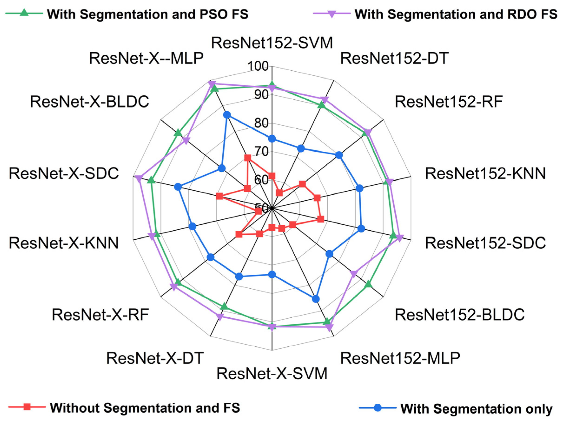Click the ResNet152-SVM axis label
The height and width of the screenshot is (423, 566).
(x=272, y=43)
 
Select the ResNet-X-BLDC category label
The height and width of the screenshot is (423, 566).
(x=89, y=102)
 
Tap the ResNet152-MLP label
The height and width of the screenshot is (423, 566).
(x=400, y=358)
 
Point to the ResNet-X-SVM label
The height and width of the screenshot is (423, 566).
(x=272, y=374)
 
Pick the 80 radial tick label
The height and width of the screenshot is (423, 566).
(x=261, y=123)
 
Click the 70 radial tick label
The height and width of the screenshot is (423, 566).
(x=261, y=151)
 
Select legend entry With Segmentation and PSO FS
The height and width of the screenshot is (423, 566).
(x=147, y=14)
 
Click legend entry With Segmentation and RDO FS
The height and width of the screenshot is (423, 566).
(x=456, y=14)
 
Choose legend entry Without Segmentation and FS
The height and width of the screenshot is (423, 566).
(x=145, y=408)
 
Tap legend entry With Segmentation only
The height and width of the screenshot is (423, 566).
(x=476, y=409)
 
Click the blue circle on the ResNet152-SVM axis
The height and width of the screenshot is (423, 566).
(x=272, y=139)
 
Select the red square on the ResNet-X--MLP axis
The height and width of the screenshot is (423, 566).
(x=247, y=158)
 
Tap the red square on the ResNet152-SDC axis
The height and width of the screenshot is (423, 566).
(x=320, y=219)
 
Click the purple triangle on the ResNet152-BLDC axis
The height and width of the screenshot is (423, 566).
(x=354, y=274)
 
